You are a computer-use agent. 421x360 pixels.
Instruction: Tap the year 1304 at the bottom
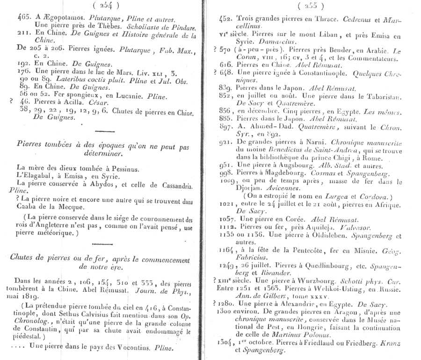tap(226, 342)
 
